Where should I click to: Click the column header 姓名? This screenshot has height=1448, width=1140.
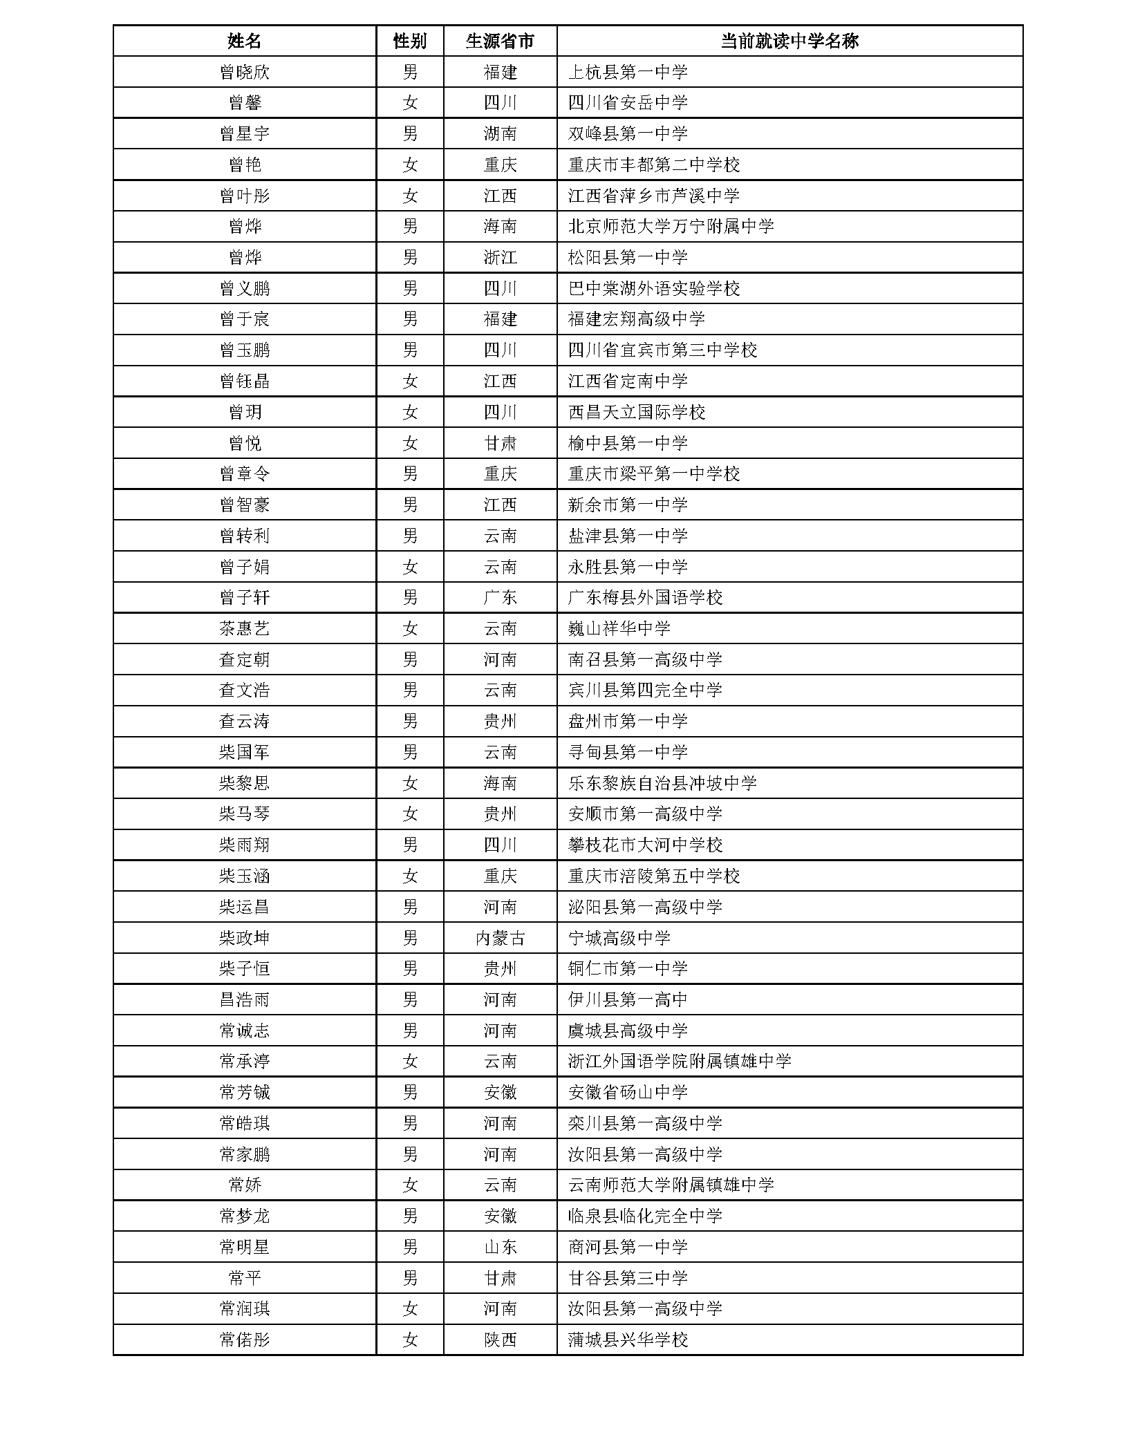pyautogui.click(x=244, y=41)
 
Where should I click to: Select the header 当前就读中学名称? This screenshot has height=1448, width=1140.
pyautogui.click(x=789, y=41)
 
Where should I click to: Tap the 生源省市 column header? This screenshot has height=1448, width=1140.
pyautogui.click(x=500, y=41)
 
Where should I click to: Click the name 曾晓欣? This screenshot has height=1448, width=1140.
pyautogui.click(x=244, y=72)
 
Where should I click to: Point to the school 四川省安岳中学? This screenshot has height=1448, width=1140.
pyautogui.click(x=628, y=103)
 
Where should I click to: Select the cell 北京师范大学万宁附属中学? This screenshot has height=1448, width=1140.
pyautogui.click(x=671, y=227)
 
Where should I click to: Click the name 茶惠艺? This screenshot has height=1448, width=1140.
pyautogui.click(x=244, y=629)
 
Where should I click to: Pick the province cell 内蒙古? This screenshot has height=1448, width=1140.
pyautogui.click(x=500, y=938)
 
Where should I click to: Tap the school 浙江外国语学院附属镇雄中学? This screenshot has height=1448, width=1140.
pyautogui.click(x=679, y=1062)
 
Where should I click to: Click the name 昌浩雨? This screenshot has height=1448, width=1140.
pyautogui.click(x=244, y=1000)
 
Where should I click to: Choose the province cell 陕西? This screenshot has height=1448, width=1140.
pyautogui.click(x=500, y=1340)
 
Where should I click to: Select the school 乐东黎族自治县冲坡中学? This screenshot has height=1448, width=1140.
pyautogui.click(x=662, y=783)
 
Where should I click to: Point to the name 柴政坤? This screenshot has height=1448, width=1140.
pyautogui.click(x=244, y=938)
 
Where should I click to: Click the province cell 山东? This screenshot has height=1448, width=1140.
pyautogui.click(x=500, y=1247)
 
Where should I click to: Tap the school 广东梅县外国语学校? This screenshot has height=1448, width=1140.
pyautogui.click(x=645, y=598)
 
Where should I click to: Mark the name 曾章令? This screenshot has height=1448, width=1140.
pyautogui.click(x=244, y=474)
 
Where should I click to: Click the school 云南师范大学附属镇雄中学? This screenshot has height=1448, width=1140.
pyautogui.click(x=671, y=1185)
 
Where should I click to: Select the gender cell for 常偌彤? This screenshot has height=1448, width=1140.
pyautogui.click(x=410, y=1340)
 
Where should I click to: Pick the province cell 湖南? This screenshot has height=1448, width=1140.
pyautogui.click(x=500, y=133)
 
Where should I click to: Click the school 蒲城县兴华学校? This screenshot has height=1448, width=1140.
pyautogui.click(x=628, y=1340)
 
